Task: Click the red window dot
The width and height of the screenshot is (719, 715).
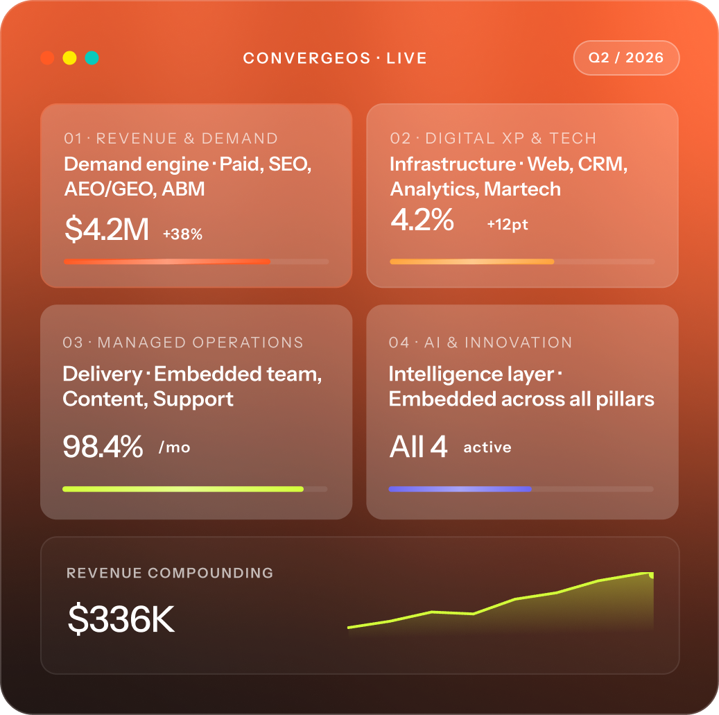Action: (47, 58)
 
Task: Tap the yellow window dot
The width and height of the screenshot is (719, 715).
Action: (70, 58)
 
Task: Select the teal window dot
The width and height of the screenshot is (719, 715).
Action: (92, 58)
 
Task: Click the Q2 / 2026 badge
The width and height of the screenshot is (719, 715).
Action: (626, 58)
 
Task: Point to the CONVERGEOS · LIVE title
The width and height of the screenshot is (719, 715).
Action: (335, 58)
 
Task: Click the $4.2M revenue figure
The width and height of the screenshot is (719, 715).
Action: (107, 229)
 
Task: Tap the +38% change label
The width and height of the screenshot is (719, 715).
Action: (182, 234)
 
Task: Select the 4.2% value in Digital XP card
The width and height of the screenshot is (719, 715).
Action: (422, 219)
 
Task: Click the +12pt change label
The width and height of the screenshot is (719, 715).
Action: (508, 224)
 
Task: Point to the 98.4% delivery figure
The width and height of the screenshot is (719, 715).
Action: (103, 446)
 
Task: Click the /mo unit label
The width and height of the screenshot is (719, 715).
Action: (174, 447)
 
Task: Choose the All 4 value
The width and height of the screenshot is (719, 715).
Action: (418, 446)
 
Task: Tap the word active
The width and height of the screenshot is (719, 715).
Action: (487, 447)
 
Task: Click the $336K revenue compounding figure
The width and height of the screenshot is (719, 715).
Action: (121, 619)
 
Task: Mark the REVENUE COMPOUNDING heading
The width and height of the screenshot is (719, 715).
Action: (170, 573)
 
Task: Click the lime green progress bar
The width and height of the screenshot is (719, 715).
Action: (183, 489)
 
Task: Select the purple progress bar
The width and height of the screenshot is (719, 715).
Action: (460, 489)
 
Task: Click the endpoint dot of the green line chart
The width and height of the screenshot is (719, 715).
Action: (651, 575)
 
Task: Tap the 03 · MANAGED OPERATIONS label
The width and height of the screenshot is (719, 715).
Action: (183, 343)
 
